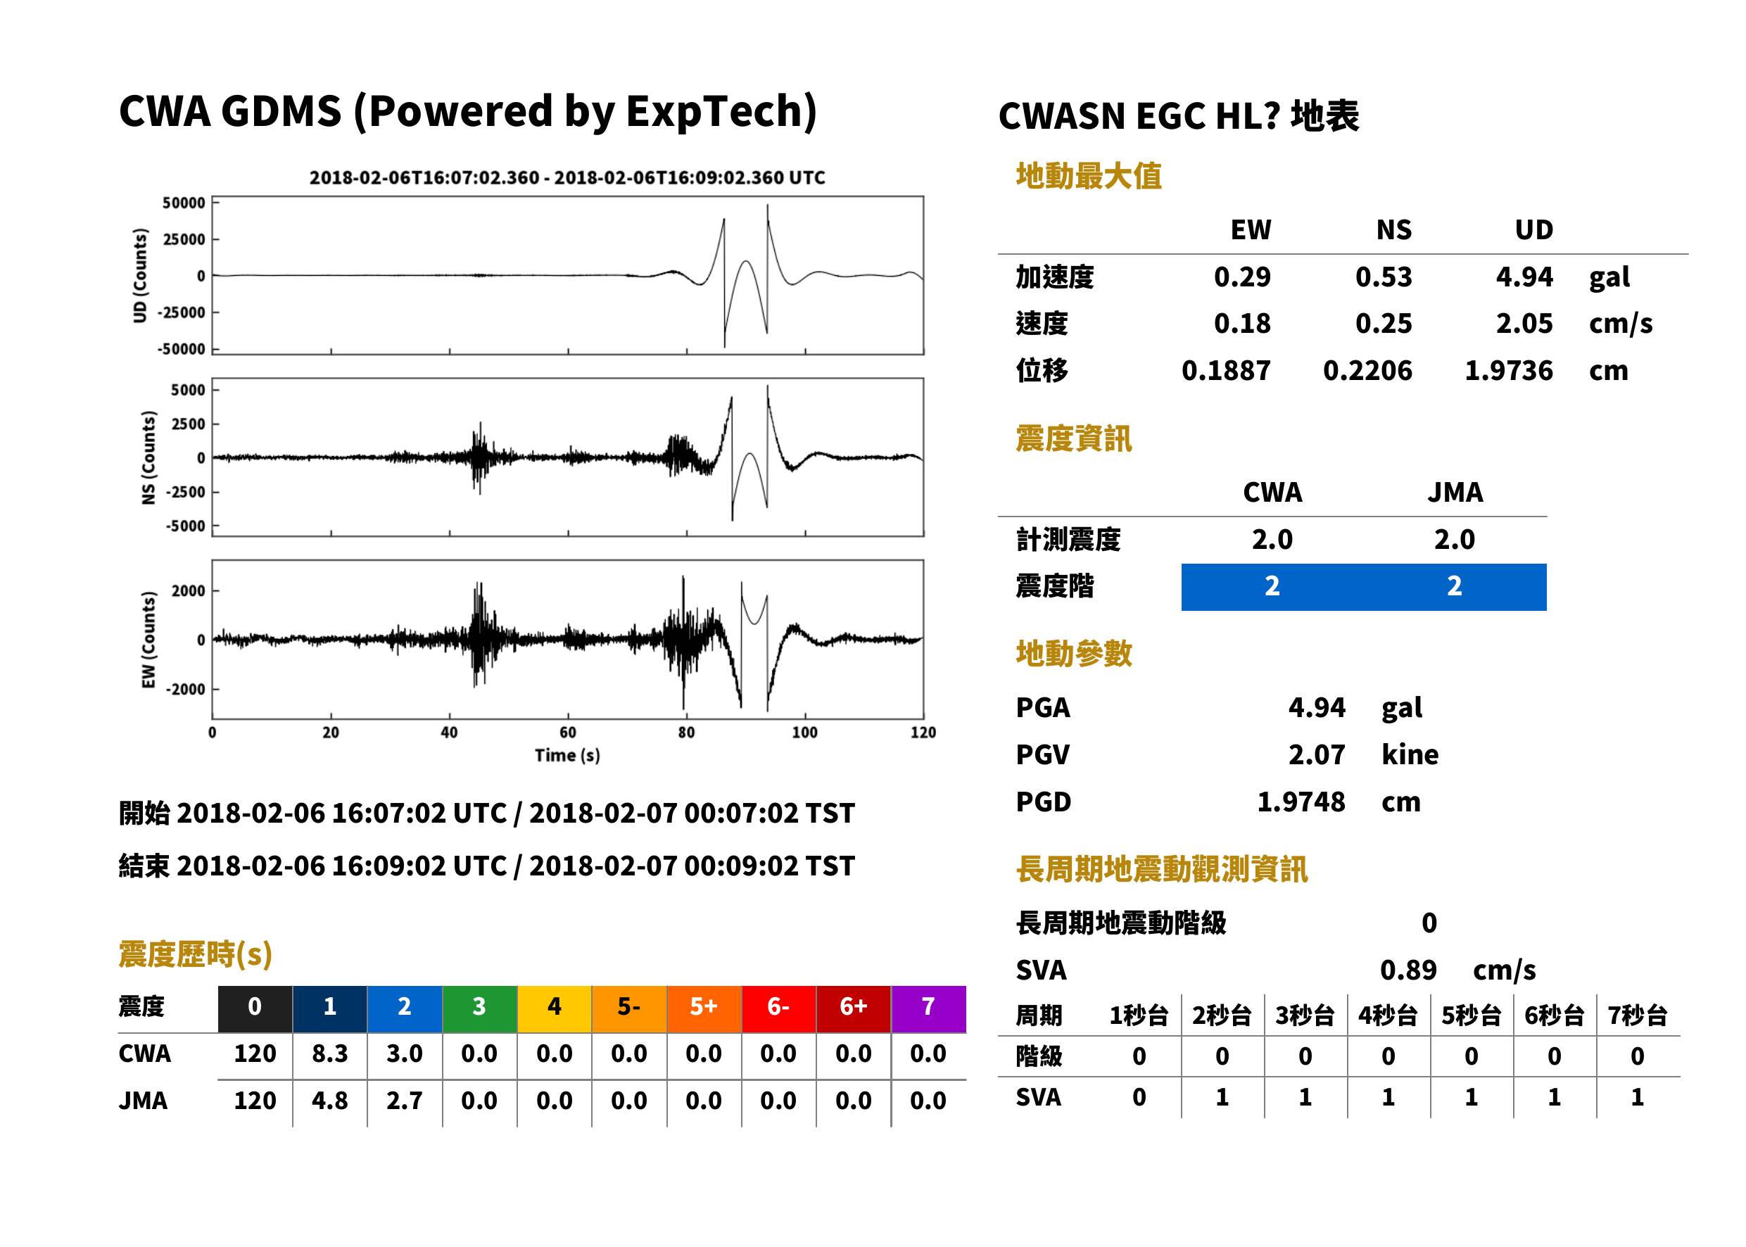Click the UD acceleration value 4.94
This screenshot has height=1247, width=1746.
click(x=1524, y=277)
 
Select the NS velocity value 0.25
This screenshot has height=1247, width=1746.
click(x=1384, y=324)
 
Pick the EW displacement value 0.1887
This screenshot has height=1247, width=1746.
click(x=1226, y=371)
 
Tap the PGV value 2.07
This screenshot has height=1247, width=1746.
click(x=1317, y=755)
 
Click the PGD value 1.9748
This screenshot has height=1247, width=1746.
click(x=1301, y=802)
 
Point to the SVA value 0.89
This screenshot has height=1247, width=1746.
click(x=1408, y=970)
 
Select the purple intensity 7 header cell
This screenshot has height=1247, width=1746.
click(x=928, y=1008)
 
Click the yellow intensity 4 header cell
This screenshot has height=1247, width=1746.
click(x=555, y=1008)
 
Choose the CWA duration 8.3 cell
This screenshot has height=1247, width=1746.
click(x=330, y=1054)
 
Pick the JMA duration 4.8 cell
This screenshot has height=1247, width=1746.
click(x=330, y=1101)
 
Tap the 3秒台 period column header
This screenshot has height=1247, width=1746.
click(x=1305, y=1016)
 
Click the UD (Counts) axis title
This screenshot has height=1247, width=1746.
click(x=140, y=276)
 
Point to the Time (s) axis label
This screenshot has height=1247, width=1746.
click(x=567, y=756)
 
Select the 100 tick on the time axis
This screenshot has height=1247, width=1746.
click(x=804, y=733)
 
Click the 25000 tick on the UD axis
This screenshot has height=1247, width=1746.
click(x=184, y=239)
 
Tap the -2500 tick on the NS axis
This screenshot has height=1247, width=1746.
click(x=186, y=492)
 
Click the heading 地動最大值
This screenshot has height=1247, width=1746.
click(x=1089, y=176)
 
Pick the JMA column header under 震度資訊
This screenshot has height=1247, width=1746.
click(x=1455, y=492)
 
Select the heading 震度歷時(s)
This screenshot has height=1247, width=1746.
click(x=196, y=954)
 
